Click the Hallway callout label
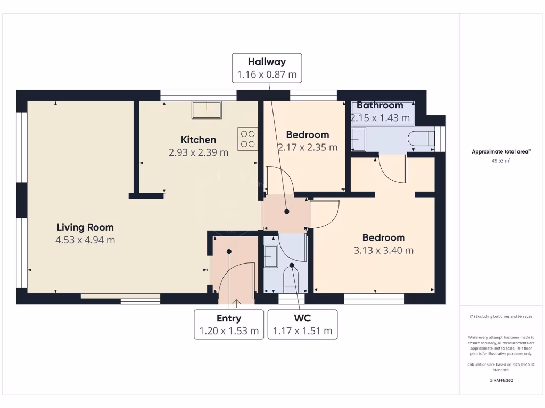(267, 68)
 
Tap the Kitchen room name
(199, 140)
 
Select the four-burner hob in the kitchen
(247, 139)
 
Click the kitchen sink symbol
(207, 110)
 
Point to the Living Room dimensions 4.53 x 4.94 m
(85, 240)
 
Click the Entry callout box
(229, 325)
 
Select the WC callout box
(302, 325)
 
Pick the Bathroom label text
(379, 105)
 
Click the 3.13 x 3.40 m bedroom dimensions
(383, 251)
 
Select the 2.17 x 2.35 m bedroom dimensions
(308, 148)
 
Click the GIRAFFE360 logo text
(501, 380)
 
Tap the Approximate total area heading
(500, 152)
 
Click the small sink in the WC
(271, 257)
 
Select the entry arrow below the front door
(236, 302)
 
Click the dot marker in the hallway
(287, 211)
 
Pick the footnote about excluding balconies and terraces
(500, 316)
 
